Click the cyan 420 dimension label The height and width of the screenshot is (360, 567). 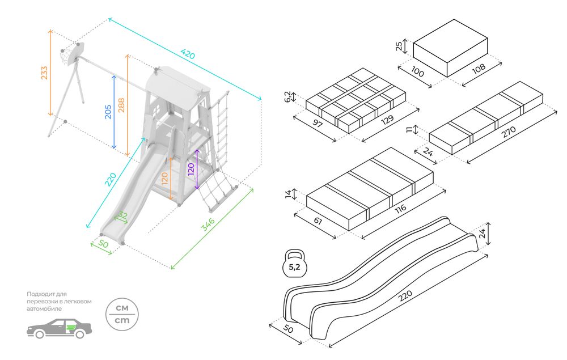(x=188, y=54)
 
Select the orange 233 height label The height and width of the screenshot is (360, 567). (x=44, y=73)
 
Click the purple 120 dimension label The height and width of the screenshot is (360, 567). (x=191, y=169)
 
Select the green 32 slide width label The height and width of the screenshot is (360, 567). (x=122, y=215)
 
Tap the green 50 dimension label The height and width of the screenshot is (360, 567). (x=103, y=244)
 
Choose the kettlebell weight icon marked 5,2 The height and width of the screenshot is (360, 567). (x=295, y=264)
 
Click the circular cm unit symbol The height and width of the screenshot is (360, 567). (x=122, y=315)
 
